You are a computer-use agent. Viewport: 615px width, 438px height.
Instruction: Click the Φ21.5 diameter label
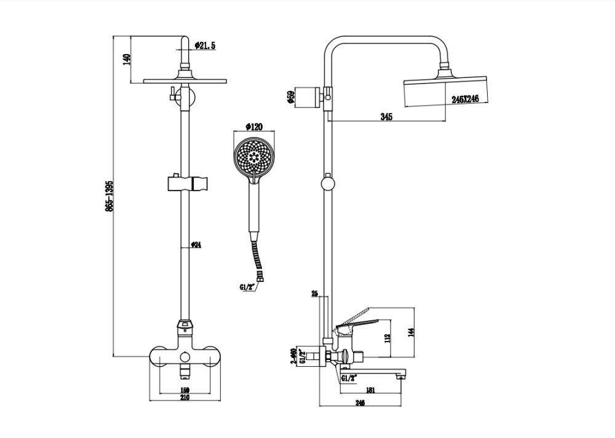[x=205, y=45]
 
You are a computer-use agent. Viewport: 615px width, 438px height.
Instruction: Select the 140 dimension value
[x=127, y=60]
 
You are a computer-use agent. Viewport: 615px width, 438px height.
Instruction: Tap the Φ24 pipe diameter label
[x=196, y=244]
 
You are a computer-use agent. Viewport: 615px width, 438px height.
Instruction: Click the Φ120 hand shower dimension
[x=253, y=127]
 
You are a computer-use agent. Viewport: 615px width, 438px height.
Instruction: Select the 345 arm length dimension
[x=386, y=117]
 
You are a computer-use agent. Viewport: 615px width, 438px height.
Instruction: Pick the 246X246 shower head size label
[x=465, y=99]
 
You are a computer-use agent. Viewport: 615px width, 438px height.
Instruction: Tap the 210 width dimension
[x=184, y=397]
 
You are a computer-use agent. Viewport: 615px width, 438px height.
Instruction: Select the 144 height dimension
[x=411, y=332]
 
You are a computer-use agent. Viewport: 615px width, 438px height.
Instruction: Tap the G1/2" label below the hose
[x=248, y=286]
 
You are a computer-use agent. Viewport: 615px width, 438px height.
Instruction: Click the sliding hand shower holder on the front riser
[x=187, y=183]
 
